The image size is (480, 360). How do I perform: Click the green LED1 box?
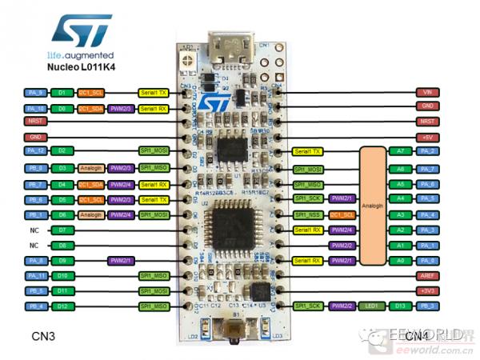coord(372,306)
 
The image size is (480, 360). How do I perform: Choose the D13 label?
coord(401,306)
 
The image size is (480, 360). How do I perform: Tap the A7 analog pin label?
coord(401,151)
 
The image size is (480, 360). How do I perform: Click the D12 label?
coord(62,306)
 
